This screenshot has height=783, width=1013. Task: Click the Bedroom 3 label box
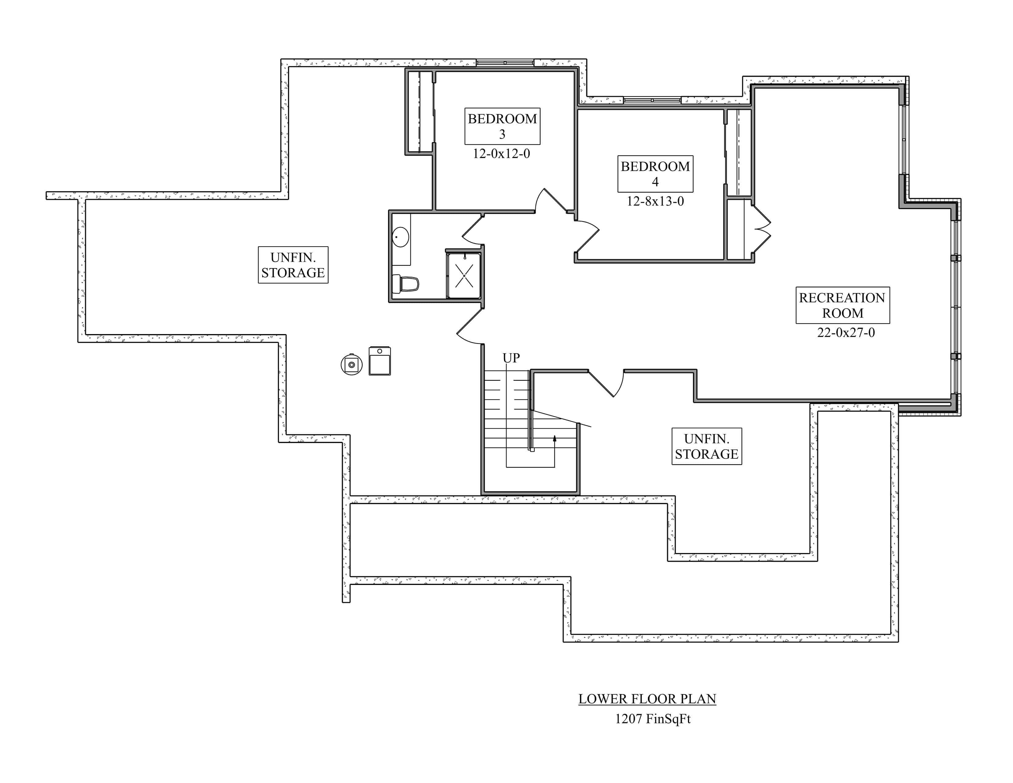pos(502,126)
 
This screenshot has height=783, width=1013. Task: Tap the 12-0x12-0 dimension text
pos(501,154)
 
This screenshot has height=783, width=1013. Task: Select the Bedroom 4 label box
pos(655,174)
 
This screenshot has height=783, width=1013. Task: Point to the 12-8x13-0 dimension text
pos(655,201)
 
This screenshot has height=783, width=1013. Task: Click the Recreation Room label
pos(842,305)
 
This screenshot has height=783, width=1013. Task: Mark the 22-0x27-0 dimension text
pos(846,333)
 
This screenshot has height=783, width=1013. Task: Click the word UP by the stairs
pos(511,358)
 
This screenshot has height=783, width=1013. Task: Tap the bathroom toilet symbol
pos(406,283)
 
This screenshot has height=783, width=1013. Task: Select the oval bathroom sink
pos(400,237)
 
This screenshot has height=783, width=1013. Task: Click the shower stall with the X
pos(464,275)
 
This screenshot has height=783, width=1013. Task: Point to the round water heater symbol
pos(351,364)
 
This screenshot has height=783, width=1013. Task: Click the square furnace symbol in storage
pos(379,361)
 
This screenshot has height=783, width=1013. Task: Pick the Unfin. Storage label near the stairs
pos(706,446)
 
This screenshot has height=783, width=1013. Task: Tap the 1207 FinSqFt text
pos(653,719)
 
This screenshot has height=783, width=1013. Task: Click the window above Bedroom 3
pos(505,63)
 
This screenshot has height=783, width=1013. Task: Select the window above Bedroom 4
pos(652,100)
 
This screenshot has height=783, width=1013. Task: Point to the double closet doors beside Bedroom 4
pos(761,229)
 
